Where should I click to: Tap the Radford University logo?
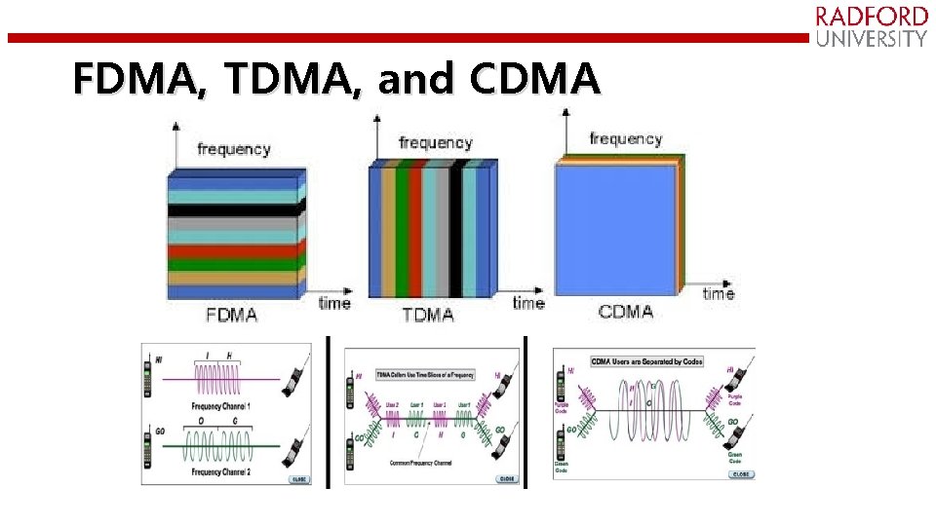pos(871,27)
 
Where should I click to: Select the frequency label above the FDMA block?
pos(234,149)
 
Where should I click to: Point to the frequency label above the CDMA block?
pos(626,139)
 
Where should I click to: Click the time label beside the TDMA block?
pos(527,302)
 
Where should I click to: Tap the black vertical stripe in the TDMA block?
pos(455,229)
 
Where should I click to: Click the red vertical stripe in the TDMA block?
pos(415,229)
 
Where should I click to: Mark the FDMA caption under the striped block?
pos(232,316)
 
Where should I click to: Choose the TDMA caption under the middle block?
pos(428,315)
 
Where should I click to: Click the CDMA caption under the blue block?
pos(626,312)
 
